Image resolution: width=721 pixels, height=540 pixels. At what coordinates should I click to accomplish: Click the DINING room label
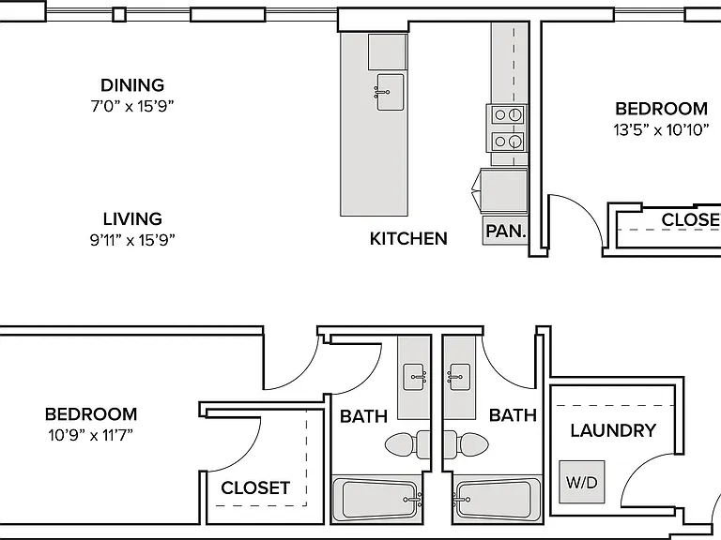click(132, 85)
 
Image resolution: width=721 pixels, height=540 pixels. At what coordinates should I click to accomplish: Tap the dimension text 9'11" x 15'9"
click(132, 240)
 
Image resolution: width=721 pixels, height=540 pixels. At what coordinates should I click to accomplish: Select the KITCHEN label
click(408, 239)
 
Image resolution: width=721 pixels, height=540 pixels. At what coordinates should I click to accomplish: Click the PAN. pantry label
click(506, 231)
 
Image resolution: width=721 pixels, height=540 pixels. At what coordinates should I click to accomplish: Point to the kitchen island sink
click(390, 92)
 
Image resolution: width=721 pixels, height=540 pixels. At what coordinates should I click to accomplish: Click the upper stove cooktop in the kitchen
click(507, 113)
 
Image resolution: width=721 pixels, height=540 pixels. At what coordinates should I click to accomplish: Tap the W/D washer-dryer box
click(582, 482)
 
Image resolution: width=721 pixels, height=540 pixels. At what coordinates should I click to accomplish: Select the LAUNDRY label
click(613, 430)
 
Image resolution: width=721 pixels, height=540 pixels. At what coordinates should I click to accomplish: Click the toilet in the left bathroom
click(407, 444)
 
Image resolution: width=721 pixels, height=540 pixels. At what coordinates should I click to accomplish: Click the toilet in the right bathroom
click(466, 444)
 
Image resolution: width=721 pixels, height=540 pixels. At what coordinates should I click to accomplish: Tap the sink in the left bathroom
click(414, 378)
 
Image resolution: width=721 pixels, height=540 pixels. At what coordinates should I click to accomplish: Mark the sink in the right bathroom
click(459, 377)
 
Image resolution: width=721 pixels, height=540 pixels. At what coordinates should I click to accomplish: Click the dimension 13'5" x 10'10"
click(661, 130)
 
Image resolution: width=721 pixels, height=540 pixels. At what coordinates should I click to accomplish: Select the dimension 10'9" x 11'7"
click(90, 435)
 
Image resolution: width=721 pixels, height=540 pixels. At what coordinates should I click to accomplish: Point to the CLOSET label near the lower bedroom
click(255, 487)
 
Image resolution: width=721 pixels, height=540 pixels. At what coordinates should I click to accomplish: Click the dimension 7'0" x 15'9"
click(132, 107)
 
